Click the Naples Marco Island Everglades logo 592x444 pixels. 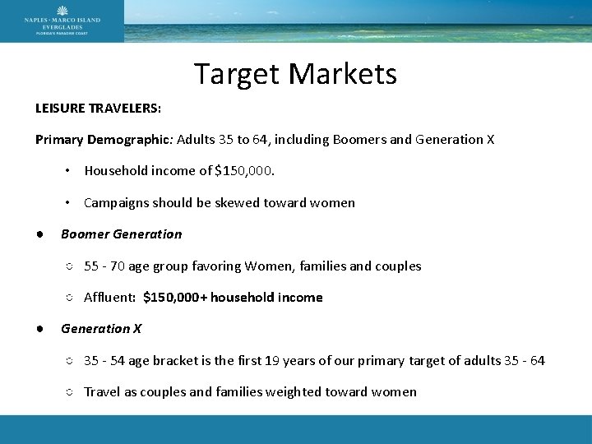click(x=62, y=21)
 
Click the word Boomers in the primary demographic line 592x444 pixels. click(x=359, y=139)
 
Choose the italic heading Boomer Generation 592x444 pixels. click(x=122, y=234)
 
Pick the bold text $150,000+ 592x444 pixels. click(x=175, y=297)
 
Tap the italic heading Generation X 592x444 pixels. click(x=101, y=328)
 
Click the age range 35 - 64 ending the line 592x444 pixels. click(x=525, y=360)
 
